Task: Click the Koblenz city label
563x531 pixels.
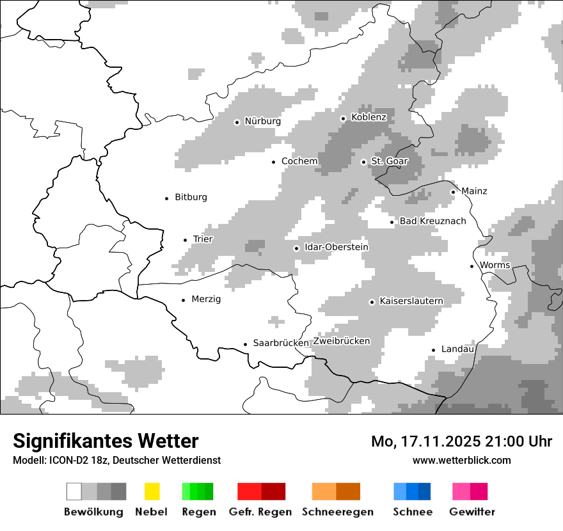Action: (369, 117)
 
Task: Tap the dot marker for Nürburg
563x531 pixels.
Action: (237, 122)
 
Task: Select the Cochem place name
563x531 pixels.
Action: (299, 161)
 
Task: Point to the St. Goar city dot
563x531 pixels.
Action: (363, 162)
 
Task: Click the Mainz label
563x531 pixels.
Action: (474, 191)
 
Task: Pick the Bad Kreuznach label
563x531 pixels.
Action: (432, 221)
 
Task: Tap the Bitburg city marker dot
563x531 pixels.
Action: (167, 198)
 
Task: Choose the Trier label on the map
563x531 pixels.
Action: (203, 239)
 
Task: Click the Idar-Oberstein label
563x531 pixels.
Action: (337, 248)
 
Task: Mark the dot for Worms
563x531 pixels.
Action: (472, 266)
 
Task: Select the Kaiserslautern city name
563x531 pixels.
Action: (411, 301)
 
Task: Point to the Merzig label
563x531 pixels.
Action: (206, 299)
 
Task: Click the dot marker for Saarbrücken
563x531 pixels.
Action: (245, 344)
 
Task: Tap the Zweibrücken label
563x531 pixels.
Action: (342, 341)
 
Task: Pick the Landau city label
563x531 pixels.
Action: (457, 349)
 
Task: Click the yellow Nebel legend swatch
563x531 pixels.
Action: (152, 491)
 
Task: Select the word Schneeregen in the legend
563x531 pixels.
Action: (338, 512)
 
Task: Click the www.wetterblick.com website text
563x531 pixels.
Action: (461, 460)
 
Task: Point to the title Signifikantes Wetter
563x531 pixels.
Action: (106, 441)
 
